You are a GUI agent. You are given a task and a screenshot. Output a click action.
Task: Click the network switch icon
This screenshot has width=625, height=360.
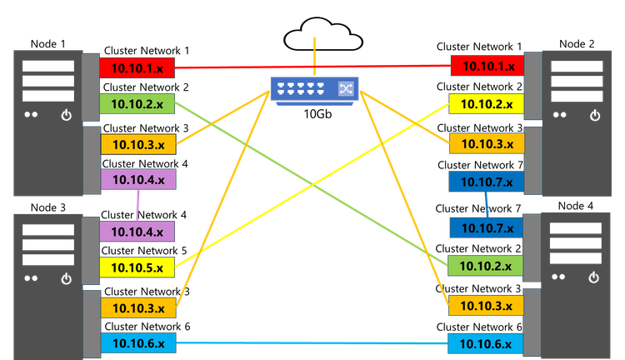click(x=313, y=89)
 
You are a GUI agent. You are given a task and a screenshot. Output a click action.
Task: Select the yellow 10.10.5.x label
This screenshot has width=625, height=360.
click(x=137, y=267)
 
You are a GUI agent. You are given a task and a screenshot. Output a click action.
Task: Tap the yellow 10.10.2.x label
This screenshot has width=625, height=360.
click(x=486, y=104)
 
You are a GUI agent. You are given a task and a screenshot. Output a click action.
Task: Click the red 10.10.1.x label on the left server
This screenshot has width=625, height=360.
click(x=137, y=67)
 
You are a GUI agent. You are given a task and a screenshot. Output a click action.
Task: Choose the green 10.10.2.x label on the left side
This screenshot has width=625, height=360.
click(x=137, y=104)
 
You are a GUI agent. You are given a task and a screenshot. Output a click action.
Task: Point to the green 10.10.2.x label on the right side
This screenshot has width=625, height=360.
click(x=486, y=266)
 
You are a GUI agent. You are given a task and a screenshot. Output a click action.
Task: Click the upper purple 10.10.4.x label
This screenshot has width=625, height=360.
click(x=137, y=179)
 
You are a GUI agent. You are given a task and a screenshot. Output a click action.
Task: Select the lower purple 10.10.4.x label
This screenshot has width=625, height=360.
click(x=137, y=232)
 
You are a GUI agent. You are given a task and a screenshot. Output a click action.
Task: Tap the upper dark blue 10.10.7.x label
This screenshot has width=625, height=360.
click(x=486, y=182)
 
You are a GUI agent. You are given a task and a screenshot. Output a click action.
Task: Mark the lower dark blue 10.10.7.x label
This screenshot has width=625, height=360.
click(x=486, y=227)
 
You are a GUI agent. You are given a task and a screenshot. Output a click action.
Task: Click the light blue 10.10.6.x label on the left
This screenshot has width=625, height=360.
click(x=137, y=342)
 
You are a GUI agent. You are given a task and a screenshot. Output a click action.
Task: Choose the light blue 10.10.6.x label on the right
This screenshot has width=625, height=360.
click(x=486, y=342)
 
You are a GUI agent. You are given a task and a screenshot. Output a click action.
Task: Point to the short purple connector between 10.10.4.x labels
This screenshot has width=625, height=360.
click(x=137, y=205)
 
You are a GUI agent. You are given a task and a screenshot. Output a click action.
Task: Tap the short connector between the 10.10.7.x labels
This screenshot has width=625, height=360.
click(x=487, y=204)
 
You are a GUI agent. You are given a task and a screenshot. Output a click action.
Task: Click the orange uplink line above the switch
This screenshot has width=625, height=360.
click(x=314, y=54)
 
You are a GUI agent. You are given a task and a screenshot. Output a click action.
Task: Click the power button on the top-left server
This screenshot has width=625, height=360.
click(x=67, y=117)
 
